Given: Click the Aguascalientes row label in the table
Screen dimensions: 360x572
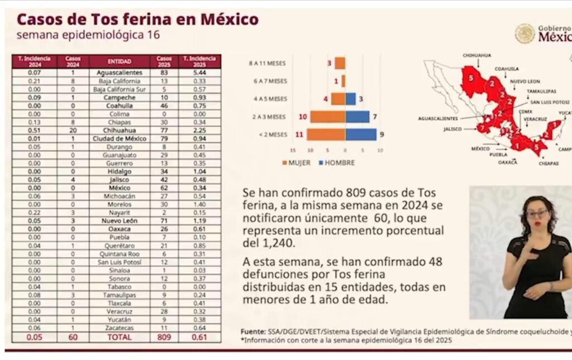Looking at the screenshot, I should coord(119,73).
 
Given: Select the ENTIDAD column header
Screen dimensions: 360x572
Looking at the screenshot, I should coord(119,61).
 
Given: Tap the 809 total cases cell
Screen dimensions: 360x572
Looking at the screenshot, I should coord(164,338).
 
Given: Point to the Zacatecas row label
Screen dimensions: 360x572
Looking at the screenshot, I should coord(119,328).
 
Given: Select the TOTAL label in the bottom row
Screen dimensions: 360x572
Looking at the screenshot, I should coord(119,338).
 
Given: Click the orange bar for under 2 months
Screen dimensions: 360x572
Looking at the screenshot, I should coord(326,135).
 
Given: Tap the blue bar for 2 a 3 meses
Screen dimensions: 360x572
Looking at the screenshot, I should coord(357,117).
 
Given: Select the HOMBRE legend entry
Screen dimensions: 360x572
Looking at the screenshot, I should coord(336,162).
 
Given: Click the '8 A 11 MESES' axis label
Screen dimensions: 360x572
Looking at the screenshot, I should coord(268,64).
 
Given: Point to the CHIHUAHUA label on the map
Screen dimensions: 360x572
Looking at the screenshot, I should coord(476,55).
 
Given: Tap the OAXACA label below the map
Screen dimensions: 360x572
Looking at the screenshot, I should coord(508,162).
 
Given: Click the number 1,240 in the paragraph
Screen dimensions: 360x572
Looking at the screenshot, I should coord(270,243).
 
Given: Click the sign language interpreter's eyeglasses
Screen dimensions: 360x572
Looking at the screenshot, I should coord(537,213).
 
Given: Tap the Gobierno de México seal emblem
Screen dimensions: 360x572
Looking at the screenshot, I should coord(525,33).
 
